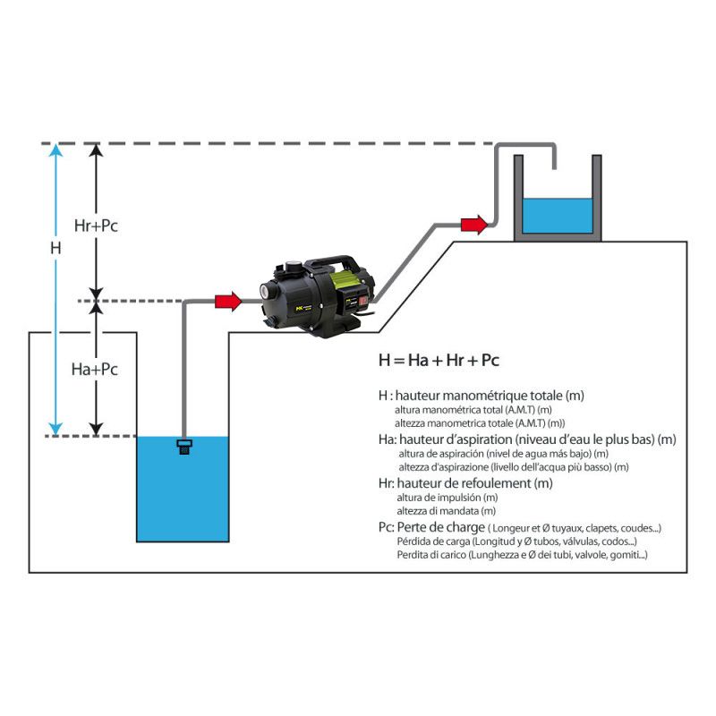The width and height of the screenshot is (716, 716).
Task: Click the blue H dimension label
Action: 55,247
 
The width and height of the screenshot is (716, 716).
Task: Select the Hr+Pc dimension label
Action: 97,226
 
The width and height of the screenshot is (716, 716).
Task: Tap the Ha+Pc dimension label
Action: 97,369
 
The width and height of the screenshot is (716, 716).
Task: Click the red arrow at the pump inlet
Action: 229,302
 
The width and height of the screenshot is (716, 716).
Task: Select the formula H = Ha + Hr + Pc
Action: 439,361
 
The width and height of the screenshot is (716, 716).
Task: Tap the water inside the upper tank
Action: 557,214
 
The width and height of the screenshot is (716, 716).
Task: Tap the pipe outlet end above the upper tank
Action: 555,166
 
